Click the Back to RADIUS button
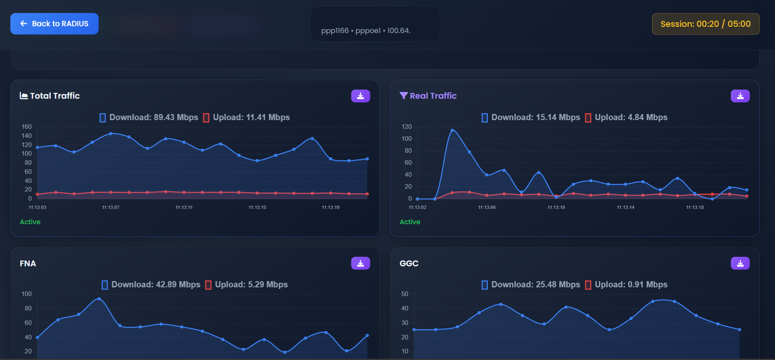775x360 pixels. (x=54, y=24)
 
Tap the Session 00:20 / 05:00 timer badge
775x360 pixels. (x=705, y=24)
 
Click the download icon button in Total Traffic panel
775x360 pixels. (x=360, y=96)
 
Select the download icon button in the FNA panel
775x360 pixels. (x=360, y=263)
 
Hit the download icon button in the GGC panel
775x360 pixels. (x=740, y=263)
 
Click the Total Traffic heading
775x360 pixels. (x=50, y=96)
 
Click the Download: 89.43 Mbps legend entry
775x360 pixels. (x=149, y=118)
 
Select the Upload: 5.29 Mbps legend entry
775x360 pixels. (x=246, y=285)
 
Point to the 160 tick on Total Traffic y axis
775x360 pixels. (x=27, y=127)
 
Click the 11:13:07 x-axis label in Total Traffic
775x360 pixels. (x=111, y=207)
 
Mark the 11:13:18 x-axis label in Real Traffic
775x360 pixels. (x=695, y=207)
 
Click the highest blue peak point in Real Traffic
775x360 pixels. (x=452, y=130)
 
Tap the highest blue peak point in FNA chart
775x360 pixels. (x=99, y=299)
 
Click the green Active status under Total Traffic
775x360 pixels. (x=30, y=222)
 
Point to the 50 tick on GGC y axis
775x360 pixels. (x=405, y=294)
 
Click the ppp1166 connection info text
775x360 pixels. (x=366, y=31)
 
